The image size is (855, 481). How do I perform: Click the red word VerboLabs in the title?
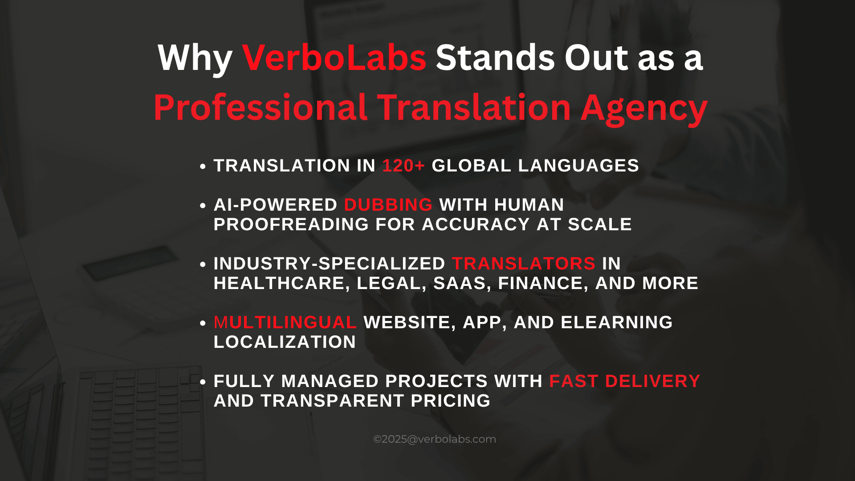click(x=334, y=58)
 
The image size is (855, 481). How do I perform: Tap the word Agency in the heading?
click(x=644, y=109)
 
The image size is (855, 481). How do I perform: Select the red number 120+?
click(x=403, y=166)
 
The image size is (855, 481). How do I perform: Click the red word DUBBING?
click(x=388, y=205)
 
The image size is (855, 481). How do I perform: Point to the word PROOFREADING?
click(x=291, y=224)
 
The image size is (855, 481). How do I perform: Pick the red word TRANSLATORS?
click(x=524, y=264)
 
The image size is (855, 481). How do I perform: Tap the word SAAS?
click(x=462, y=284)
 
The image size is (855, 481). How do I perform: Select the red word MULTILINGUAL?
click(x=285, y=322)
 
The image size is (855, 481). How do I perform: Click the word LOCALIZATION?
click(x=285, y=342)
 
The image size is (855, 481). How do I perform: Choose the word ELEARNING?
click(x=617, y=322)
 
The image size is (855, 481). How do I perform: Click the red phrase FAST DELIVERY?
click(x=625, y=381)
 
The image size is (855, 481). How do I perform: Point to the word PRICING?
click(x=451, y=401)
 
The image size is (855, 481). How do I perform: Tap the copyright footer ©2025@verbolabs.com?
click(x=435, y=439)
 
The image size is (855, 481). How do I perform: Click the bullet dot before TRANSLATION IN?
click(x=203, y=167)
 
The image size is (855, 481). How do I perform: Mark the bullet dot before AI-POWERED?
click(x=203, y=206)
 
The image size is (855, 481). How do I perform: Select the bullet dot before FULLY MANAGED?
click(x=203, y=382)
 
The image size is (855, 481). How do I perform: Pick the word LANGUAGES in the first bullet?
click(x=578, y=166)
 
